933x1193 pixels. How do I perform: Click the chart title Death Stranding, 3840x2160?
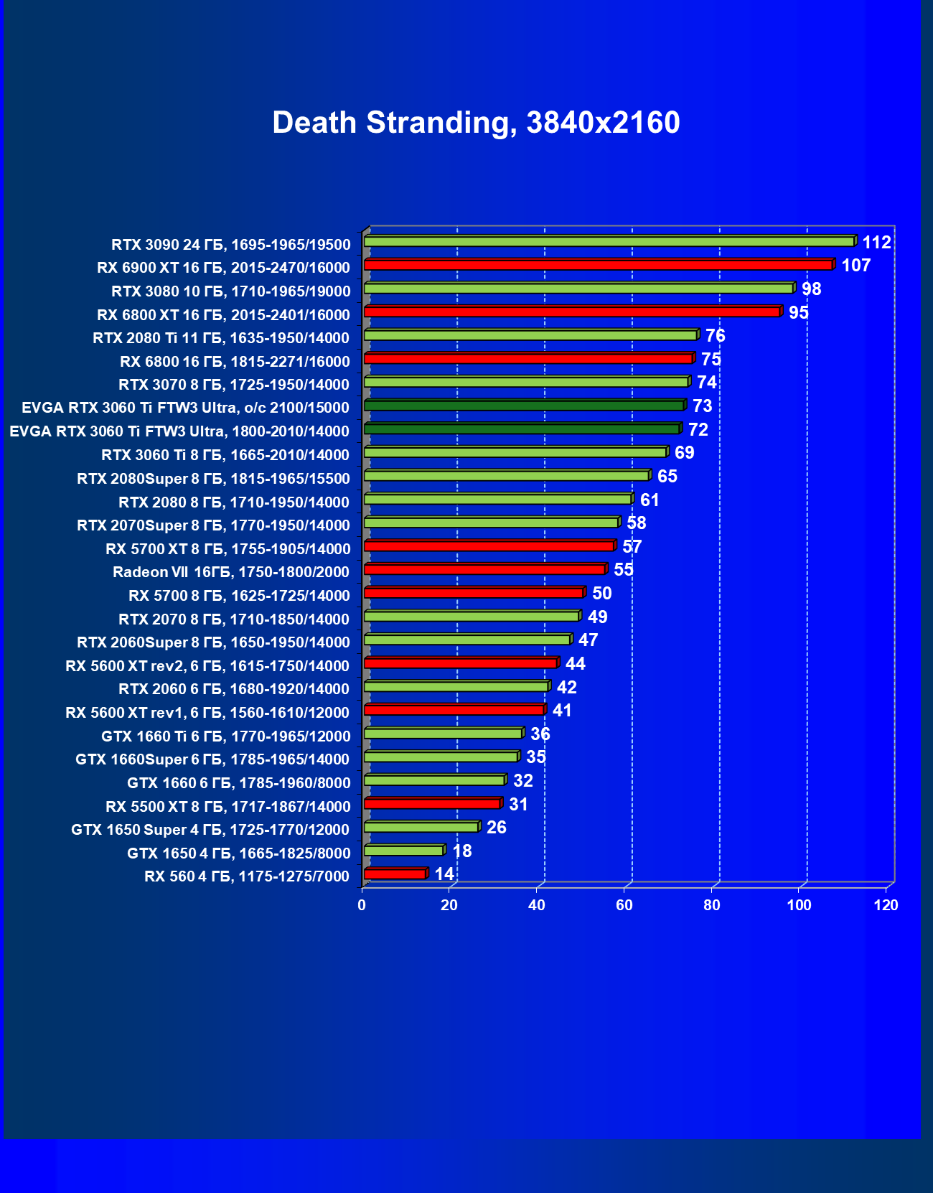tap(476, 123)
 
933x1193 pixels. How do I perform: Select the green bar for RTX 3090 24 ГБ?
tap(609, 241)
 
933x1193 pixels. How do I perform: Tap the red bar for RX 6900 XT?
tap(598, 265)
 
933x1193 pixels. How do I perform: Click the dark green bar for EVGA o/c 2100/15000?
tap(524, 406)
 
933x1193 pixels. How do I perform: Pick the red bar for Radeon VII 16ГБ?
tap(484, 569)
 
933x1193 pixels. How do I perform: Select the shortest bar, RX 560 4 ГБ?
tap(395, 874)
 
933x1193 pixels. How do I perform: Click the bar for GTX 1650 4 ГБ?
tap(403, 851)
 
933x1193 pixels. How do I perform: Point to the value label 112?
tap(876, 243)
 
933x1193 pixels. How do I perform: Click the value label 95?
tap(798, 313)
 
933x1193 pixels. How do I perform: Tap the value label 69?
tap(684, 453)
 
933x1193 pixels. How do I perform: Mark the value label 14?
tap(444, 874)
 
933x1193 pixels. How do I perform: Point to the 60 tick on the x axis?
tap(624, 905)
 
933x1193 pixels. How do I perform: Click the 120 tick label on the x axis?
tap(886, 905)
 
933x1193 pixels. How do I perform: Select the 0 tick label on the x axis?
tap(362, 905)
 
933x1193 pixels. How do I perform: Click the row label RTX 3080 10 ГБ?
tap(230, 291)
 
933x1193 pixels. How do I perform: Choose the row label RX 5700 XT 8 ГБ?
tap(228, 549)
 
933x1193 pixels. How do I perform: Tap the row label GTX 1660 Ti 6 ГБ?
tap(225, 736)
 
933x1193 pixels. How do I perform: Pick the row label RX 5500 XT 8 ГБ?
tap(228, 807)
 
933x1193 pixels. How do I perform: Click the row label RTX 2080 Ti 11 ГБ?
tap(221, 338)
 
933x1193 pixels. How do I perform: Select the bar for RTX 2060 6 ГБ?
tap(456, 686)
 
